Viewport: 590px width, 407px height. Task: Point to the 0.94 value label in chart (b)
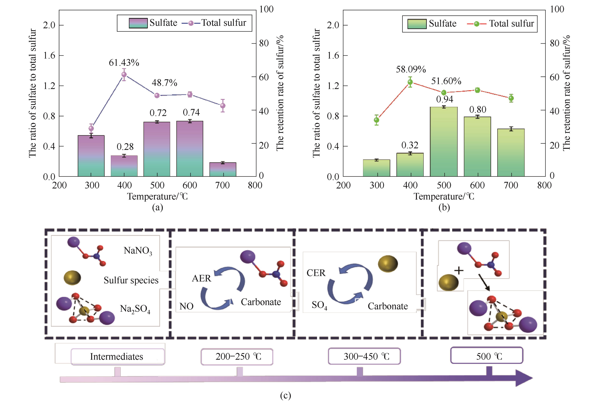pos(444,99)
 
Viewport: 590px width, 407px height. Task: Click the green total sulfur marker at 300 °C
pos(376,120)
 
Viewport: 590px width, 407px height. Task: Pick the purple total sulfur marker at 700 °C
pos(223,105)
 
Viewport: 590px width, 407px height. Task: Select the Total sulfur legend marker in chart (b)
pos(476,24)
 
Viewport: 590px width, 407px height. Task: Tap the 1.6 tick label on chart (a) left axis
pos(49,55)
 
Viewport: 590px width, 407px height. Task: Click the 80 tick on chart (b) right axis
pos(554,43)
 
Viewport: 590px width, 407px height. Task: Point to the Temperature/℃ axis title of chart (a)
pos(158,196)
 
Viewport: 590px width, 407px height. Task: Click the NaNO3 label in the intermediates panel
pos(138,251)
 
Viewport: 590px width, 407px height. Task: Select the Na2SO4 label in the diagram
pos(135,309)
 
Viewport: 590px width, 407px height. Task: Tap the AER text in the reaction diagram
pos(201,278)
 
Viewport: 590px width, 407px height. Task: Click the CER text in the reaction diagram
pos(316,273)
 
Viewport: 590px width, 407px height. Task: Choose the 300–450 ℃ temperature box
pos(364,356)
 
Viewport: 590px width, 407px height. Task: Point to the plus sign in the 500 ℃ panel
pos(459,270)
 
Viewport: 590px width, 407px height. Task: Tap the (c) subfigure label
pos(285,395)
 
